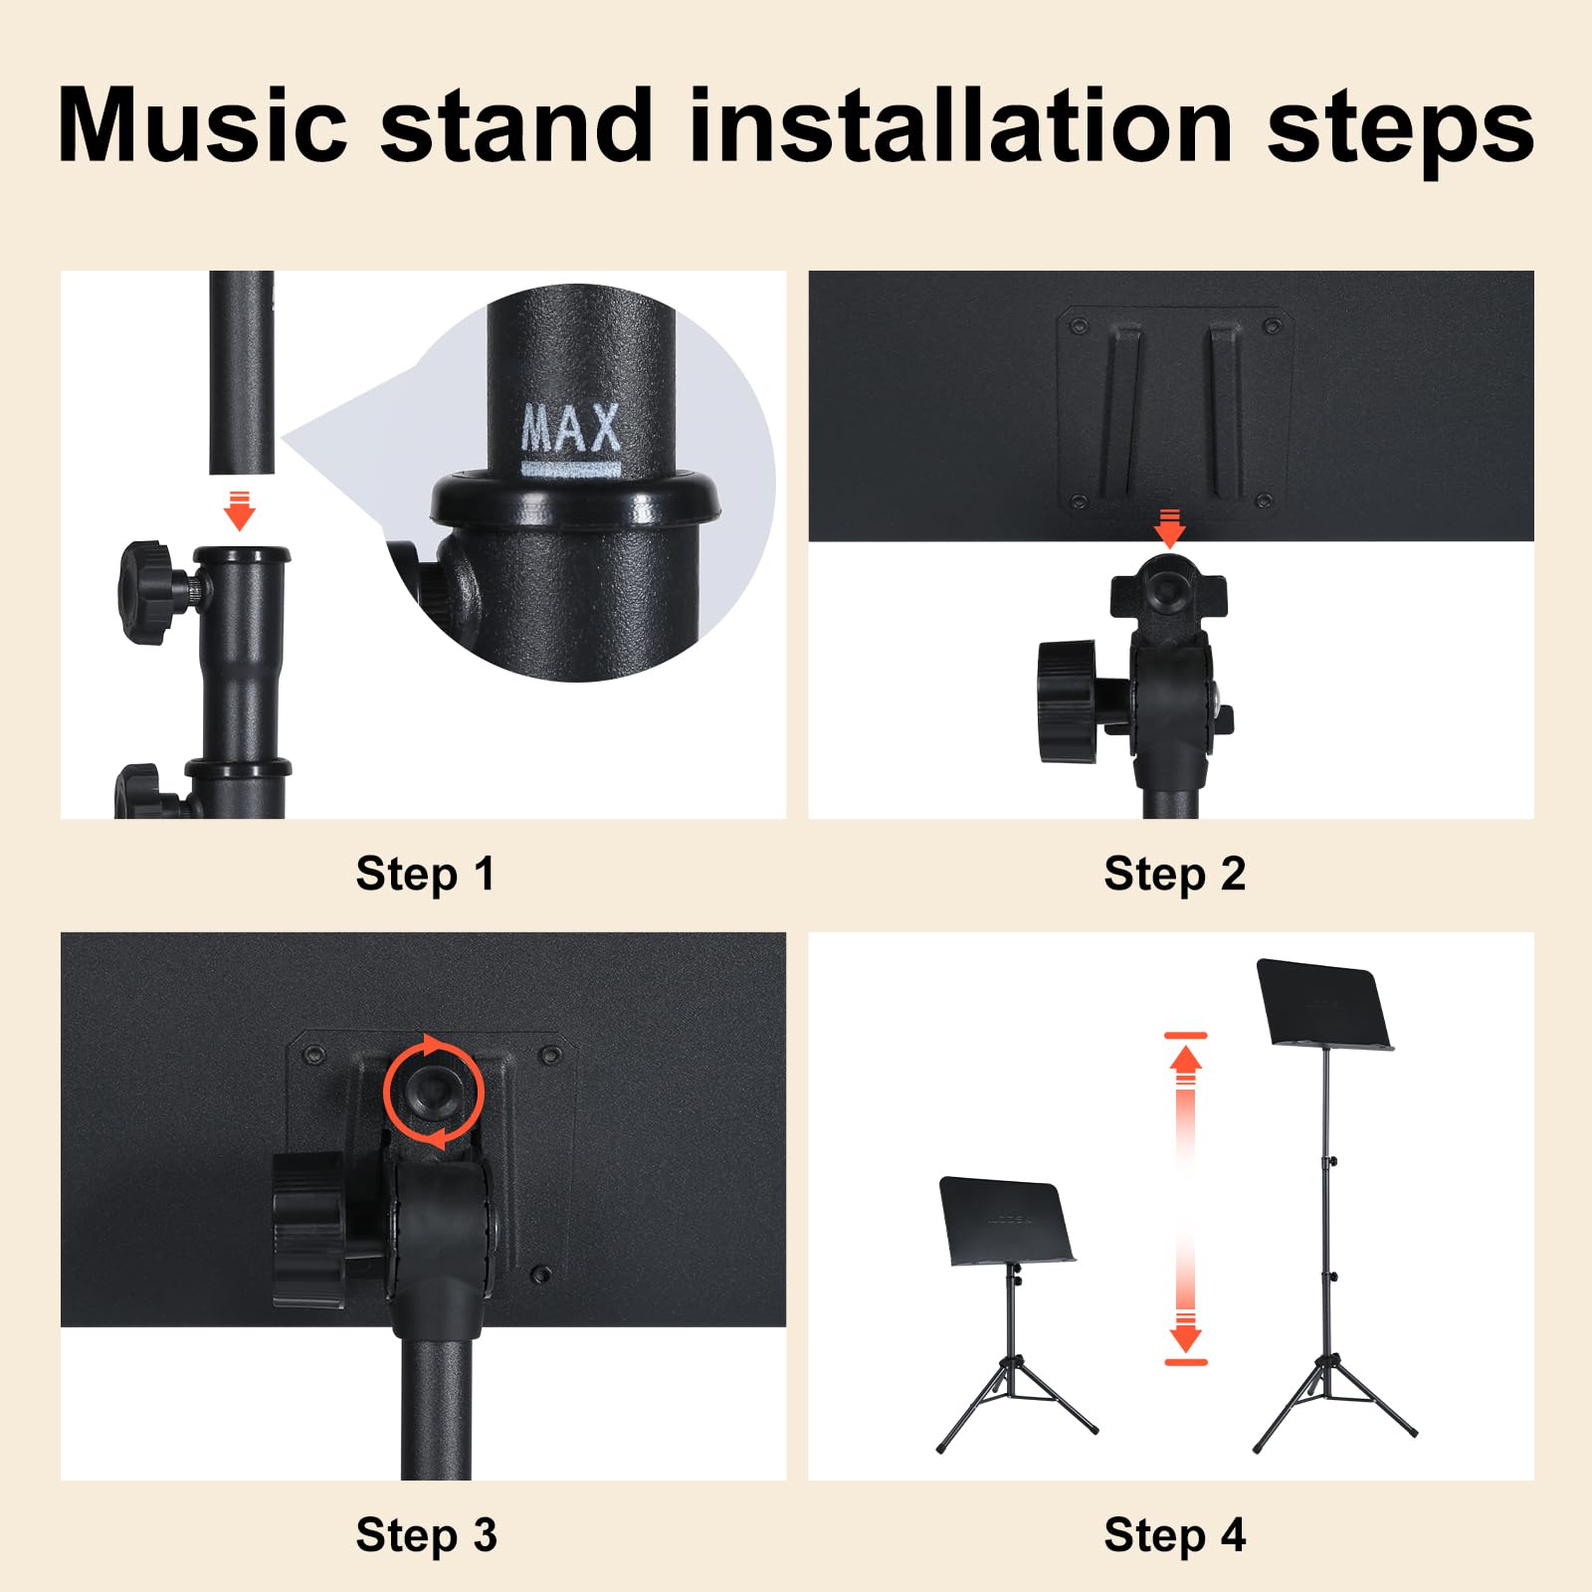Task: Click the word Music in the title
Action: (x=203, y=126)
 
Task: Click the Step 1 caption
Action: (x=425, y=874)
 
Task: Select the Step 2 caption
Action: (x=1174, y=874)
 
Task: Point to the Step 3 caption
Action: (x=426, y=1535)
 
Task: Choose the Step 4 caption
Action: (x=1174, y=1535)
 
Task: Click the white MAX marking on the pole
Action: (x=571, y=429)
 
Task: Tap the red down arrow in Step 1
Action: (x=239, y=510)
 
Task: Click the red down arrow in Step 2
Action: (x=1170, y=528)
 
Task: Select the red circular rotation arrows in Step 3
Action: (x=434, y=1092)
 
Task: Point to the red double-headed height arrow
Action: (x=1185, y=1199)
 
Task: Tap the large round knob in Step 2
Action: (x=1068, y=701)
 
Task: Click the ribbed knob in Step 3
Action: (x=308, y=1230)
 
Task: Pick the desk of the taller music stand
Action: (x=1323, y=1003)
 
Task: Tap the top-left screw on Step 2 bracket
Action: (x=1078, y=325)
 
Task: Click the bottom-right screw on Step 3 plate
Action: (x=541, y=1274)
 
